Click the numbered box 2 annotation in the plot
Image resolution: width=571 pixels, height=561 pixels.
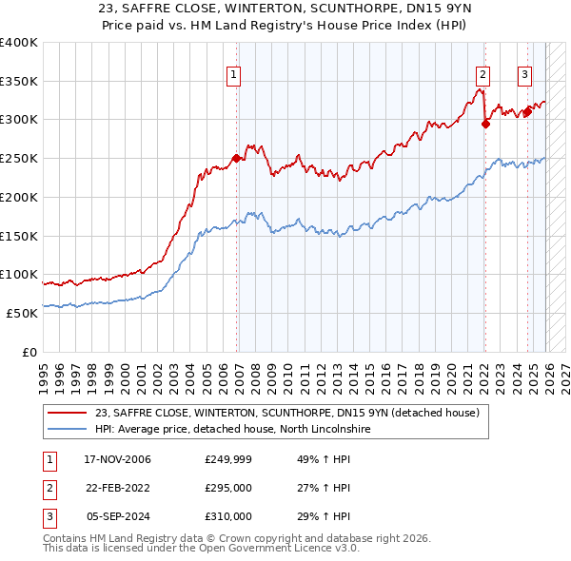pos(483,75)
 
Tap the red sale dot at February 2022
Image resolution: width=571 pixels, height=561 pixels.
pos(485,123)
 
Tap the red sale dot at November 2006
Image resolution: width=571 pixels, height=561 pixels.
pos(236,158)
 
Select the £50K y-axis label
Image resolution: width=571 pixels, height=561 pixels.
pos(22,313)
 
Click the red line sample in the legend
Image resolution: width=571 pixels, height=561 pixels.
pos(69,412)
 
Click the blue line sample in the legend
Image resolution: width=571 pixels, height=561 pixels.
pos(69,429)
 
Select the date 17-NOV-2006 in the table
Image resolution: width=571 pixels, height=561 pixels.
pos(117,460)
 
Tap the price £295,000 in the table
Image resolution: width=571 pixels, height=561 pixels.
pos(228,489)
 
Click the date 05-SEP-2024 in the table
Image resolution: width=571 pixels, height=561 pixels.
pos(117,516)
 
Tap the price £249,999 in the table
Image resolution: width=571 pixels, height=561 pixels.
pos(228,460)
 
